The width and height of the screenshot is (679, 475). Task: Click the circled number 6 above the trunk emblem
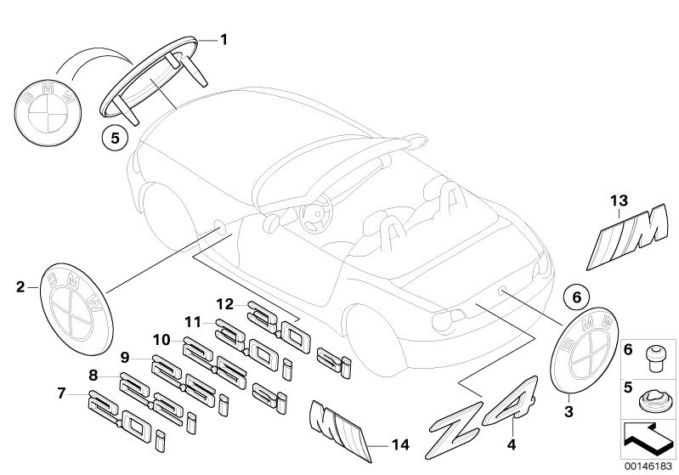click(x=574, y=298)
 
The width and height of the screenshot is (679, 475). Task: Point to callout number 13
click(x=617, y=200)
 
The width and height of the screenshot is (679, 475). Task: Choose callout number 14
click(x=399, y=444)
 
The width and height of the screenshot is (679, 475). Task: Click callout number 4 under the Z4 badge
click(x=512, y=443)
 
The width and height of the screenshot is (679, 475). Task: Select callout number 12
click(x=224, y=304)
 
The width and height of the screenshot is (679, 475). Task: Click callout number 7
click(x=61, y=393)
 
